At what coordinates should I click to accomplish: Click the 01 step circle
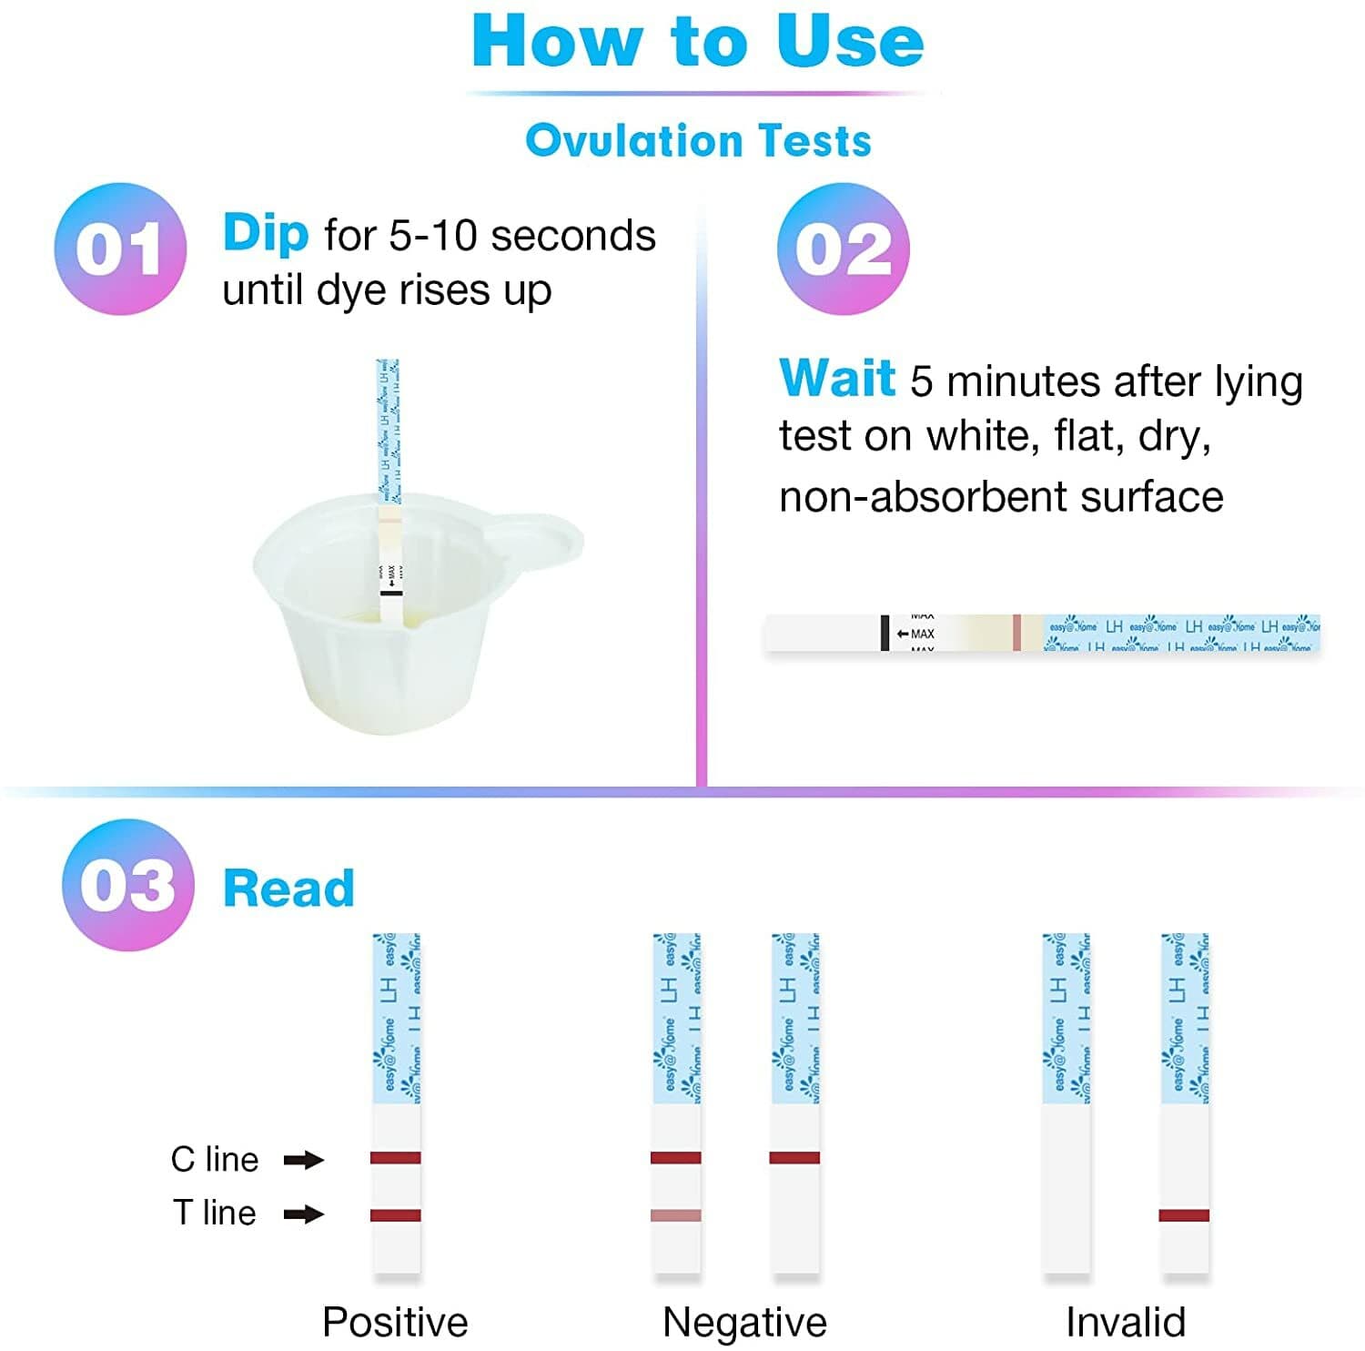coord(120,249)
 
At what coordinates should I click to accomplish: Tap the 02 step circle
coord(843,249)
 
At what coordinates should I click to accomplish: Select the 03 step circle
coord(127,885)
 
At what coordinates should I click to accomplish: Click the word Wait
coord(837,378)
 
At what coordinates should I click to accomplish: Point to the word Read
coord(288,889)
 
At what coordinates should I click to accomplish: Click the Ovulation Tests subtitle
coord(698,141)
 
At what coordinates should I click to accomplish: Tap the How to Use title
coord(698,42)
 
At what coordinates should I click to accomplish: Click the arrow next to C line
coord(304,1160)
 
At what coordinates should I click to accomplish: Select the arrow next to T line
coord(304,1214)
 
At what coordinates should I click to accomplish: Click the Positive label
coord(395,1322)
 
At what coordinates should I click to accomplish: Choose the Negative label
coord(744,1322)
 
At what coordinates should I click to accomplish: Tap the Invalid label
coord(1126,1322)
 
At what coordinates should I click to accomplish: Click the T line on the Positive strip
coord(396,1215)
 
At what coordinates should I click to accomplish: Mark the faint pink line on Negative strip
coord(676,1215)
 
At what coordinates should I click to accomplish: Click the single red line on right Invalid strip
coord(1184,1215)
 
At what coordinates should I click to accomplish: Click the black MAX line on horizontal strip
coord(885,633)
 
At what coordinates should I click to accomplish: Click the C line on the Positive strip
coord(396,1158)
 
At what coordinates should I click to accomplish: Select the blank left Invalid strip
coord(1066,1183)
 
